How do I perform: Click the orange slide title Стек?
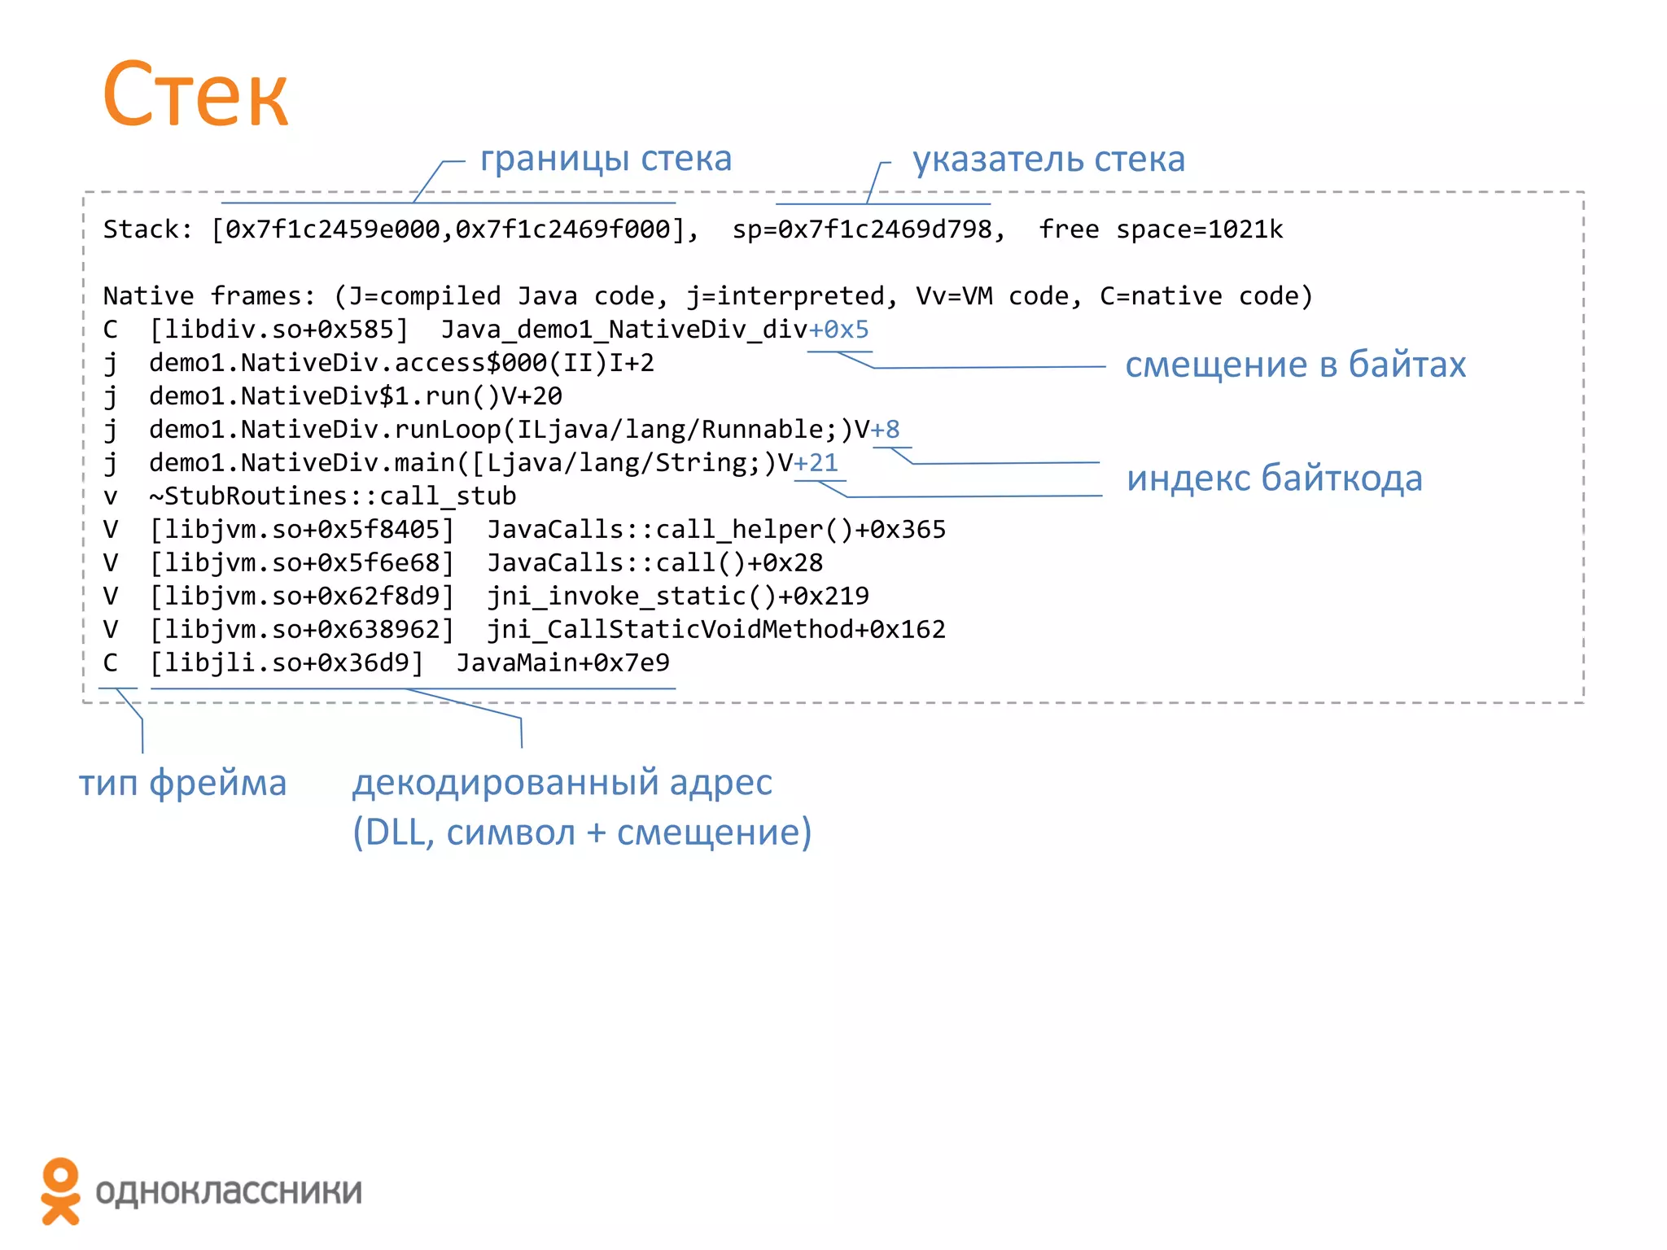click(x=195, y=95)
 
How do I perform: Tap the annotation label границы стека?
click(x=606, y=159)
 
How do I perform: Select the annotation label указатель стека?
click(x=1048, y=160)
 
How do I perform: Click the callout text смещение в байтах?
click(x=1295, y=365)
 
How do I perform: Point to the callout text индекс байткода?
click(x=1274, y=479)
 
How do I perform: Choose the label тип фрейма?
click(x=182, y=783)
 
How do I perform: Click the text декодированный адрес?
click(x=562, y=783)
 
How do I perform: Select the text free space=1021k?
click(x=1161, y=229)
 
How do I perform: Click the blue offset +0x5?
click(x=838, y=330)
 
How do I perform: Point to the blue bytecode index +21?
click(x=816, y=463)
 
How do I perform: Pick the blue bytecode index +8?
click(x=886, y=430)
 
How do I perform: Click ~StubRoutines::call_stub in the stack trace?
click(x=332, y=496)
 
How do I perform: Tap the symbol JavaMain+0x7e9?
click(x=562, y=663)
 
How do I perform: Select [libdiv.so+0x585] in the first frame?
click(x=278, y=330)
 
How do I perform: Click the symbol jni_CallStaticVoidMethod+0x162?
click(x=716, y=630)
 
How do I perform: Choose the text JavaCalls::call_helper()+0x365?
click(x=716, y=530)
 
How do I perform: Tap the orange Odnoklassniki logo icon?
click(x=60, y=1191)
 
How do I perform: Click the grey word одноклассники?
click(x=229, y=1191)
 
